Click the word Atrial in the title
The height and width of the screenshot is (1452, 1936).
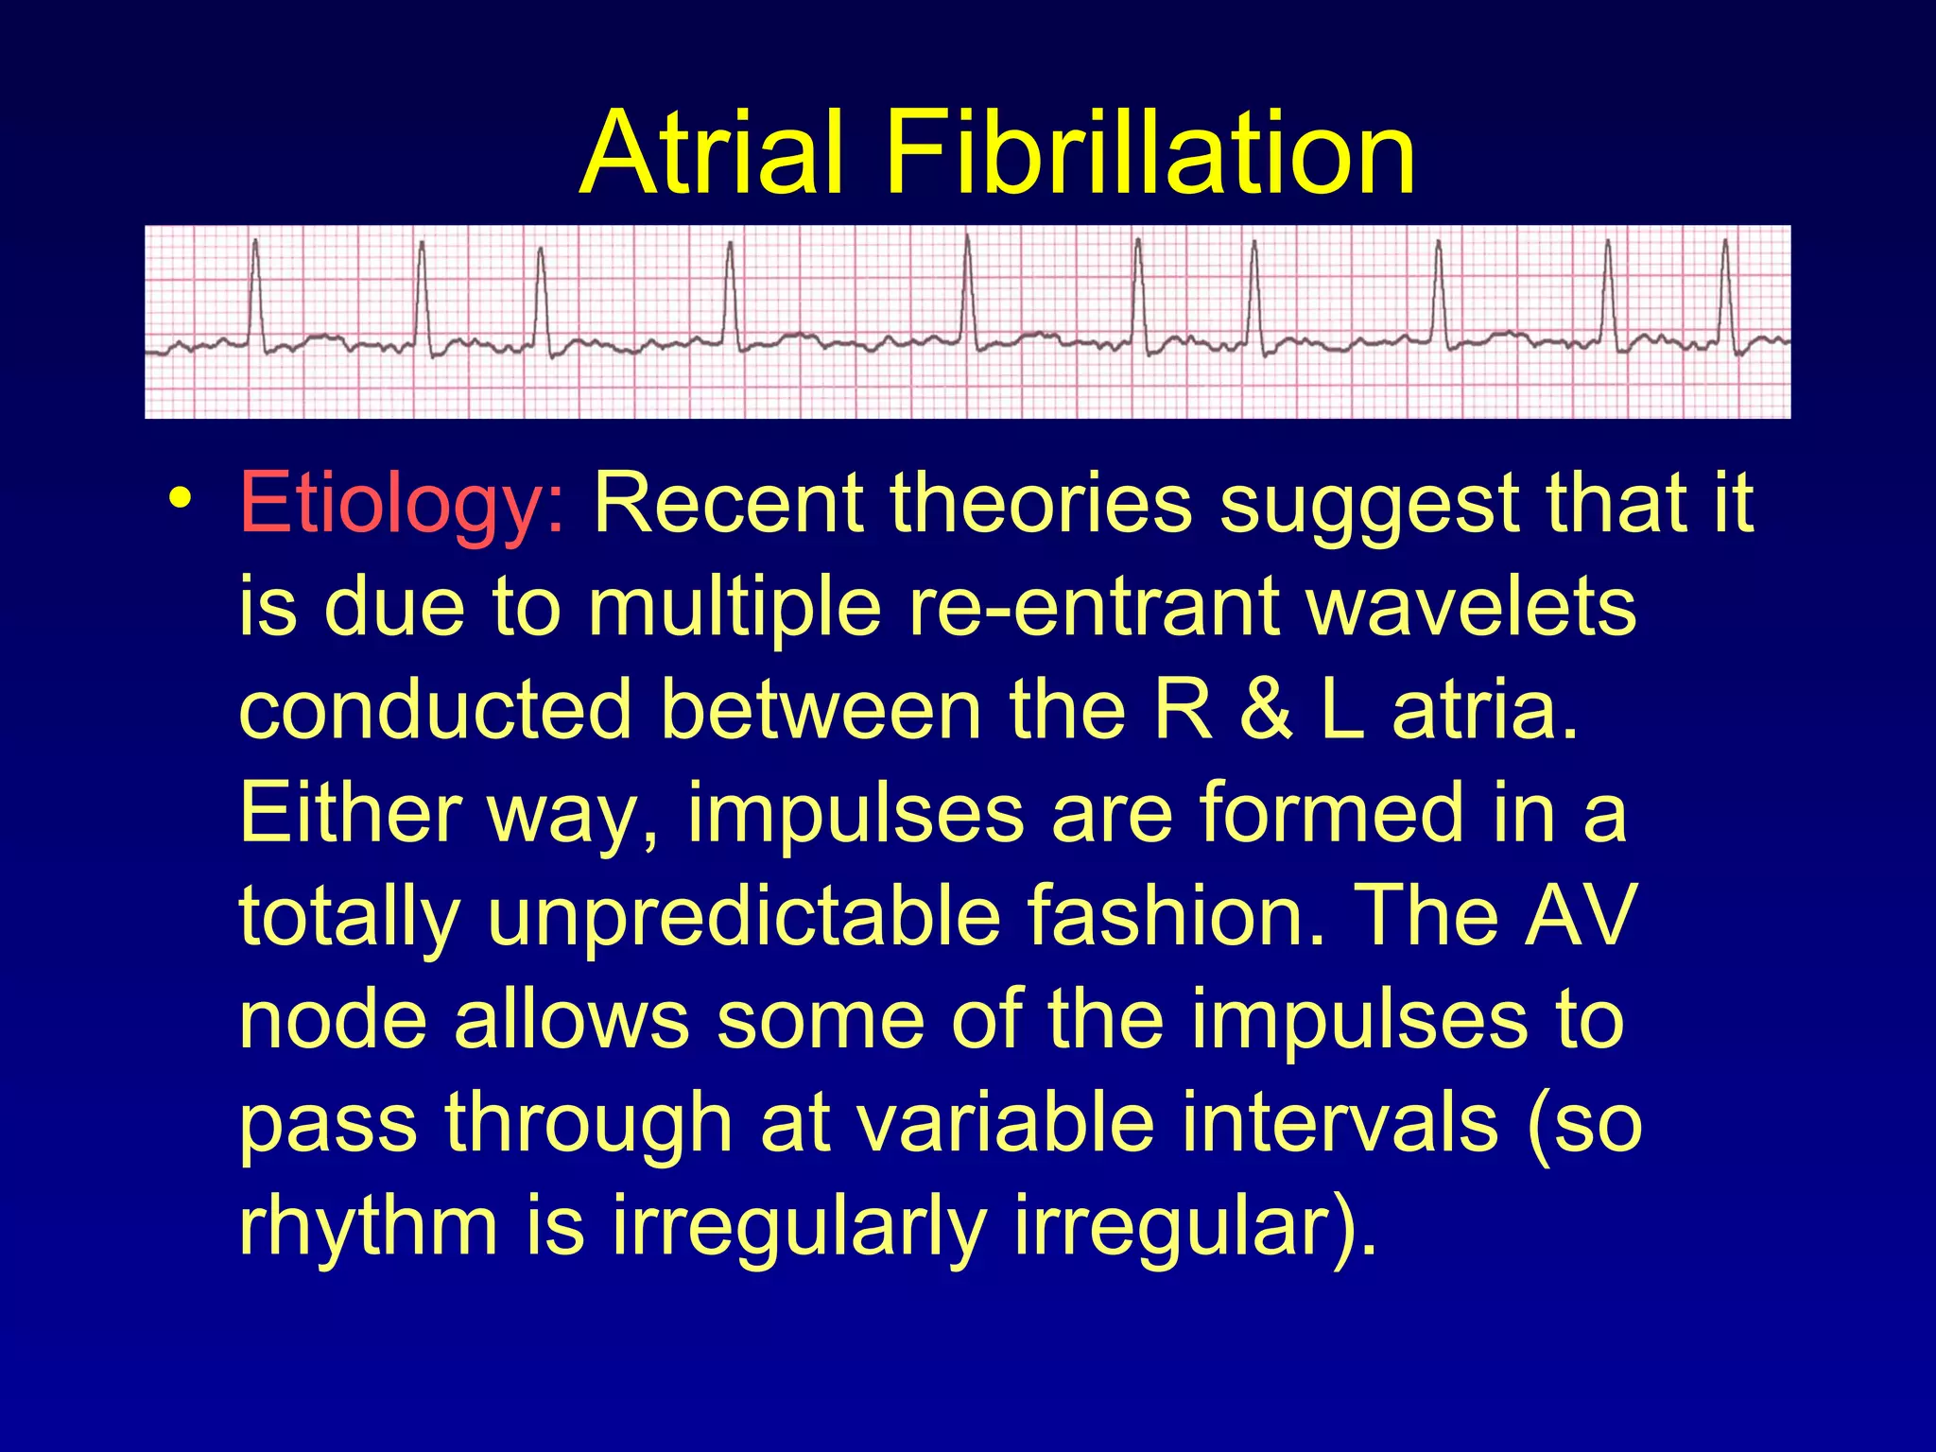coord(711,153)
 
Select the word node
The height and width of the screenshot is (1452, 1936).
coord(333,1020)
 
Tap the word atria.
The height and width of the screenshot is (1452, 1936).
coord(1484,710)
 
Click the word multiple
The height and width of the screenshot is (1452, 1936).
coord(735,607)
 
